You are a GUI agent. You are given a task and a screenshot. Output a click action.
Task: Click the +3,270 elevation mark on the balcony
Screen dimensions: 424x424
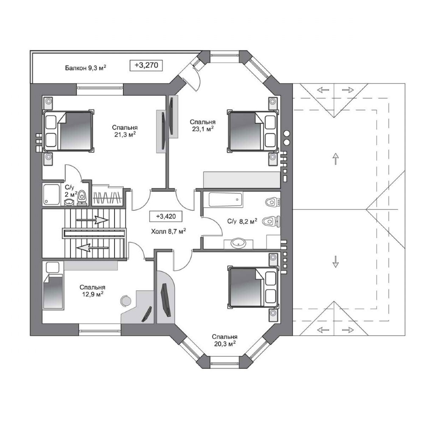point(146,65)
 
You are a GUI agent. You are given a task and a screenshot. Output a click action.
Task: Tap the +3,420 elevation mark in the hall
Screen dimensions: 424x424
point(166,216)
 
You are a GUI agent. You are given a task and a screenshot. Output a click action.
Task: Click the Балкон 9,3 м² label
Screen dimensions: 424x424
point(86,67)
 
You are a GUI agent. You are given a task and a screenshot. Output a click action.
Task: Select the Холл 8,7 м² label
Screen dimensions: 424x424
point(168,231)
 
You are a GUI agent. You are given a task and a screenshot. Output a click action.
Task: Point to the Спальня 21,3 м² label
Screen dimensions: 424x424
point(125,131)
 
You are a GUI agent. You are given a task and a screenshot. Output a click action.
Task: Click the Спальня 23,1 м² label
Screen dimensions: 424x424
point(203,126)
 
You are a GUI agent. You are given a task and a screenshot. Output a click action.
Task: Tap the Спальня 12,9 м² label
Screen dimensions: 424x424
point(92,291)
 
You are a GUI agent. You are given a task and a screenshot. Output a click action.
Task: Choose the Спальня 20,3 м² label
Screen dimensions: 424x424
point(224,340)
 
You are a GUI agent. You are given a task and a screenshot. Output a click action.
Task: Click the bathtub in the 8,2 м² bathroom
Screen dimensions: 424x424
point(225,200)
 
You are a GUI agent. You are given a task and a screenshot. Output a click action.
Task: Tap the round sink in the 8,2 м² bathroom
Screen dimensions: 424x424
point(238,243)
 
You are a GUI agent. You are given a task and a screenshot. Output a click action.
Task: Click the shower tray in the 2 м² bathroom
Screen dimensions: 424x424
point(51,194)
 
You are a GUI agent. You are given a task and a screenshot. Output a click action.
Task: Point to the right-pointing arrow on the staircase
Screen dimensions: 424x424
point(93,220)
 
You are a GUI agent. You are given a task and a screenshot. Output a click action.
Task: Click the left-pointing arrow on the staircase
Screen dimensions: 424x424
point(92,248)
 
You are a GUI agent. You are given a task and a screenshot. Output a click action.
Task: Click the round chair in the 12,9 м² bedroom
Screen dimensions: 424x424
point(125,301)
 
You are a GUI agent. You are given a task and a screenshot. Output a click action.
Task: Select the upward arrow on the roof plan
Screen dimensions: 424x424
point(335,159)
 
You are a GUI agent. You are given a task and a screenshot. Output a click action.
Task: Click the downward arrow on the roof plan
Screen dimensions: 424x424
point(335,262)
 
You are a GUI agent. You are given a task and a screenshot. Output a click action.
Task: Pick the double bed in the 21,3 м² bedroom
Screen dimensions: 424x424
point(68,131)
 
